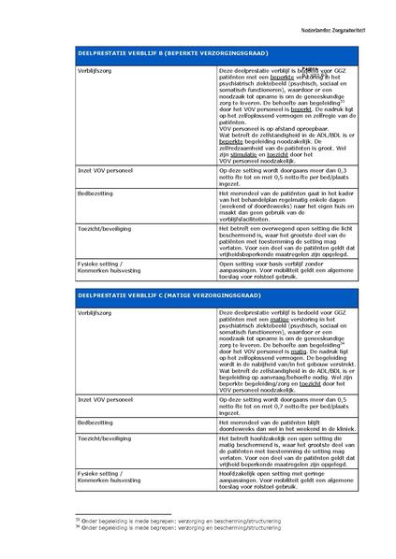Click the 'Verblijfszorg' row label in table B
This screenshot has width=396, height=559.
coord(95,70)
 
